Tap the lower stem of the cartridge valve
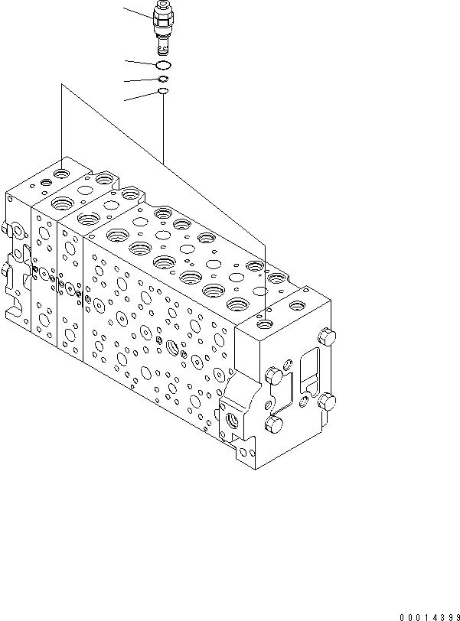[x=164, y=45]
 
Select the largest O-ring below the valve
[x=164, y=66]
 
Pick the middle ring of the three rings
[x=164, y=78]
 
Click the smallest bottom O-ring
[x=163, y=91]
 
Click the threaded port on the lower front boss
[x=232, y=419]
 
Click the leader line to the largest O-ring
[x=142, y=63]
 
